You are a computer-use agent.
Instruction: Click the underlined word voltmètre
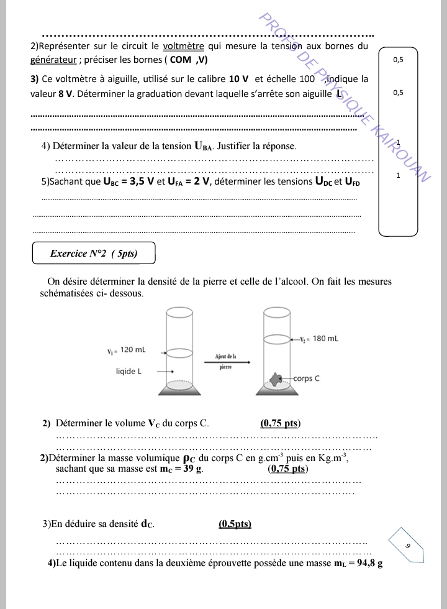pyautogui.click(x=183, y=46)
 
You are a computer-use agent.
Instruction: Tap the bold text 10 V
pyautogui.click(x=238, y=79)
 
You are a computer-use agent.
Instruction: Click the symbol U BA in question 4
pyautogui.click(x=203, y=147)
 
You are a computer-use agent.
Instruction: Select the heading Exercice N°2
pyautogui.click(x=93, y=254)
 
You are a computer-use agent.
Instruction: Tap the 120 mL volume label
pyautogui.click(x=132, y=350)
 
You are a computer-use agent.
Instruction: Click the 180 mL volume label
pyautogui.click(x=325, y=339)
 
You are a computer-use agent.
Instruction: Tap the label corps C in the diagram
pyautogui.click(x=306, y=378)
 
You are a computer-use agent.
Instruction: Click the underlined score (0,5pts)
pyautogui.click(x=235, y=524)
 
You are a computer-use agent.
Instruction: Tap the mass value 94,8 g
pyautogui.click(x=365, y=564)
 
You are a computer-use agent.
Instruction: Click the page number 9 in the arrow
pyautogui.click(x=408, y=545)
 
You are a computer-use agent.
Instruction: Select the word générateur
pyautogui.click(x=53, y=60)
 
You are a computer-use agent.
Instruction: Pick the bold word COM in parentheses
pyautogui.click(x=181, y=60)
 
